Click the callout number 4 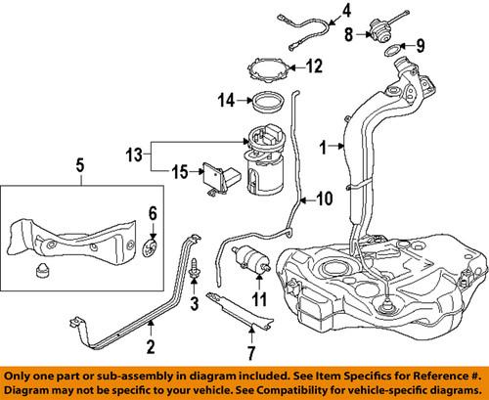tap(316, 13)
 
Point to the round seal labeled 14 tap(264, 99)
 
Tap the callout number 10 tap(324, 199)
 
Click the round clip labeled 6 tap(152, 244)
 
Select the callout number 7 tap(250, 349)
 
